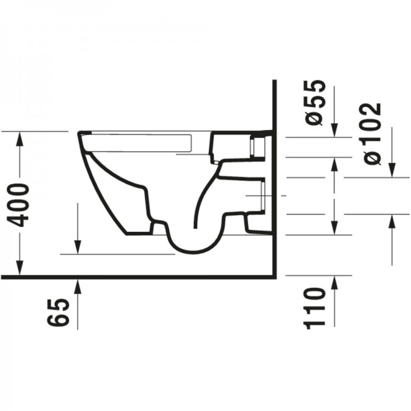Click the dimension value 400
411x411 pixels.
click(20, 205)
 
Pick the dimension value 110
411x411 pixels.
click(317, 307)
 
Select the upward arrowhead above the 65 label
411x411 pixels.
click(78, 283)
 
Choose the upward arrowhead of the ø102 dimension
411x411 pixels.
click(392, 220)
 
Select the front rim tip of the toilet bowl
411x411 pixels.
click(80, 133)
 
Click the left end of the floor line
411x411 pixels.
click(2, 276)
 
